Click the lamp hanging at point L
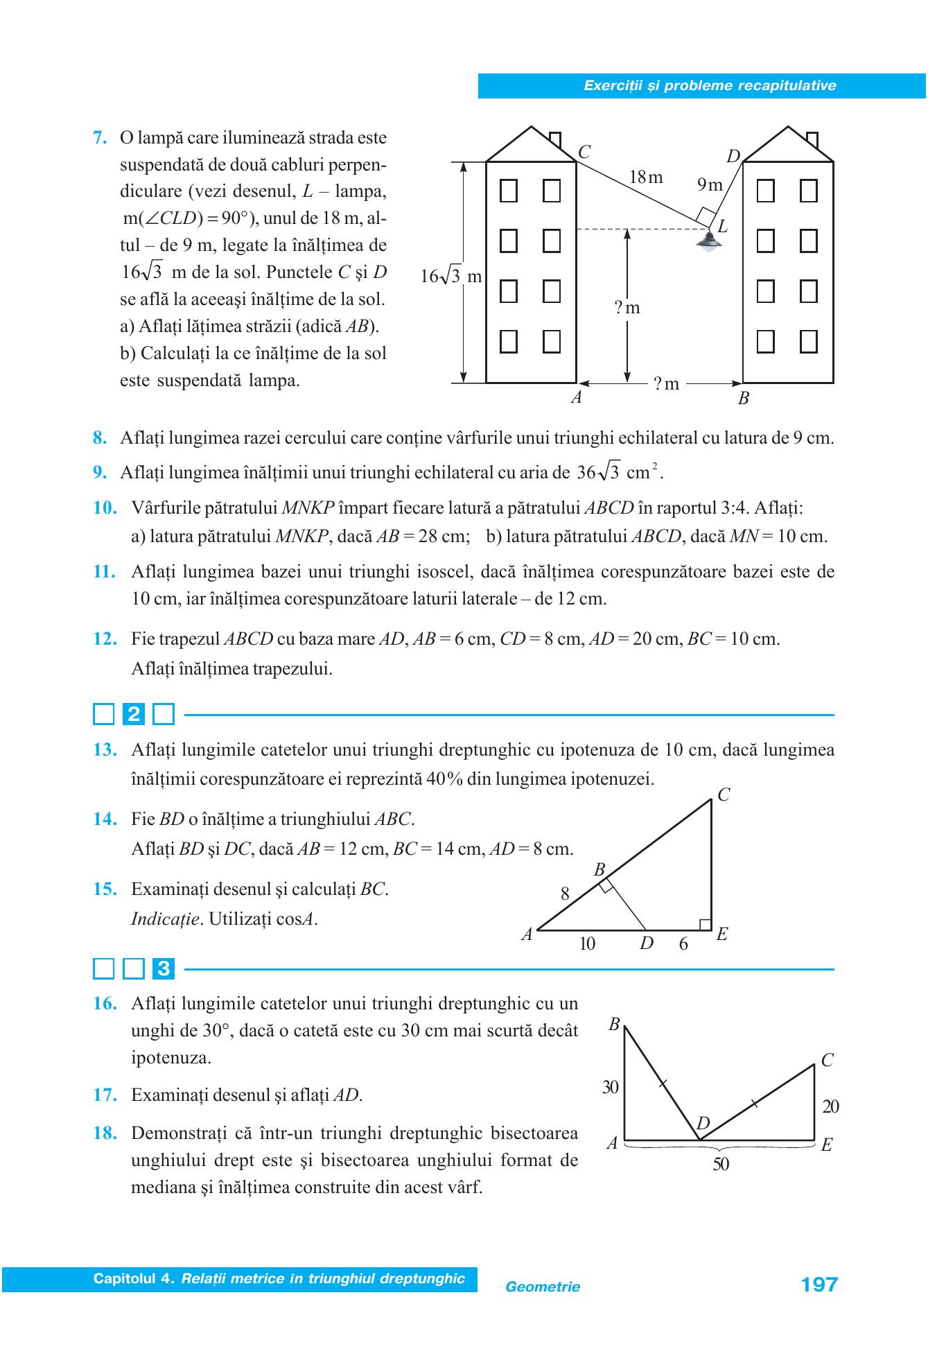pyautogui.click(x=708, y=241)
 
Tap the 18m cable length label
pyautogui.click(x=646, y=177)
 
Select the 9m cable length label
pyautogui.click(x=710, y=184)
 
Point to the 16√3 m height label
pyautogui.click(x=451, y=276)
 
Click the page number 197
pyautogui.click(x=819, y=1285)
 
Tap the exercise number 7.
pyautogui.click(x=100, y=137)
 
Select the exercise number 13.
pyautogui.click(x=105, y=750)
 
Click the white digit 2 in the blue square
pyautogui.click(x=134, y=714)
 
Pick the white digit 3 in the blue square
pyautogui.click(x=164, y=968)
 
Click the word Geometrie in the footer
pyautogui.click(x=543, y=1287)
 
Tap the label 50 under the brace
pyautogui.click(x=721, y=1165)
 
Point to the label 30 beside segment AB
pyautogui.click(x=610, y=1087)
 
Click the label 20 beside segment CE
pyautogui.click(x=830, y=1106)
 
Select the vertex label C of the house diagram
pyautogui.click(x=584, y=153)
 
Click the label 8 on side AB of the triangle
pyautogui.click(x=565, y=894)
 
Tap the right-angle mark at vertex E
pyautogui.click(x=705, y=925)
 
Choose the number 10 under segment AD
pyautogui.click(x=587, y=944)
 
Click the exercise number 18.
pyautogui.click(x=105, y=1133)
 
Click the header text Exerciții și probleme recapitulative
pyautogui.click(x=710, y=86)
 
